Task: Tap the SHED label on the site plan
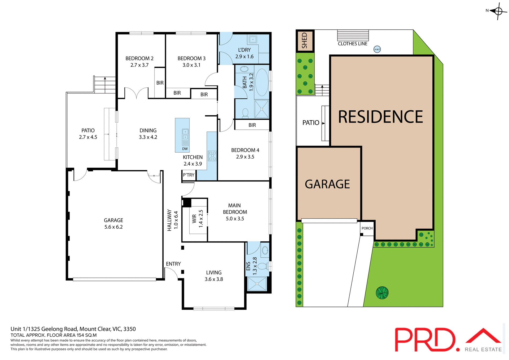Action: coord(305,41)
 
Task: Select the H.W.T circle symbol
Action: coord(377,49)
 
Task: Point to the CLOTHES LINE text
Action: coord(352,44)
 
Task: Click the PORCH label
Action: coord(367,228)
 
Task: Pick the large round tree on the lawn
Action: coord(382,293)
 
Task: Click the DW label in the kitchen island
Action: coord(185,149)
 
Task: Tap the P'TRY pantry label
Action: coord(188,175)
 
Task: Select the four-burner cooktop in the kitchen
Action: coord(212,156)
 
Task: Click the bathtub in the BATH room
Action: coord(262,82)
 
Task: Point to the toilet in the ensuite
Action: coord(263,266)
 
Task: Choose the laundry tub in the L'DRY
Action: coord(253,40)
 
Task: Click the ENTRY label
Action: coord(173,264)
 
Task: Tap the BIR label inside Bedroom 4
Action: coord(252,125)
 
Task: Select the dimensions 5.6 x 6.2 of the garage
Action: coord(113,227)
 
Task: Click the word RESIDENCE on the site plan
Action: coord(380,117)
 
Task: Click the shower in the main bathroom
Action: coord(262,109)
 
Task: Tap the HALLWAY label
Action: coord(169,220)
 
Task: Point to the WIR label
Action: coord(194,219)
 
